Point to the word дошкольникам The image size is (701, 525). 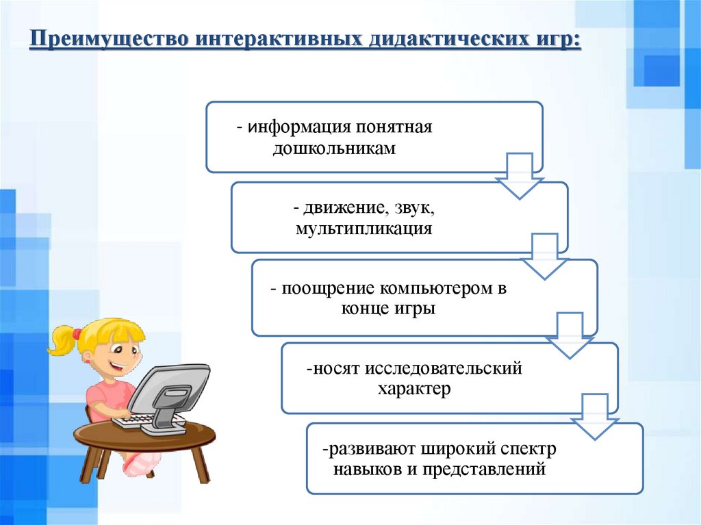[x=334, y=149]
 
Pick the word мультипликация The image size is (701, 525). [x=364, y=229]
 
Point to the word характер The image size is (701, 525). [x=414, y=390]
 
